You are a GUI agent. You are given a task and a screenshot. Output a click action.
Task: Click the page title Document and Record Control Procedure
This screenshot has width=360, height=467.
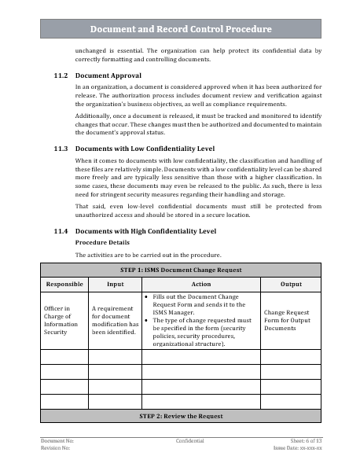181,29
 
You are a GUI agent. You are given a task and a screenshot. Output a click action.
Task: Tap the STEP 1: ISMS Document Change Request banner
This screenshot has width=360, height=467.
181,270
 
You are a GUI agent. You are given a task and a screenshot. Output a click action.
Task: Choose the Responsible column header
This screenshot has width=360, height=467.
64,283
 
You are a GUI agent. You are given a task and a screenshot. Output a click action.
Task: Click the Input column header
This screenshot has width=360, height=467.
115,283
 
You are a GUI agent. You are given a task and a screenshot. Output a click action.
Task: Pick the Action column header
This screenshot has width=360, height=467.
200,283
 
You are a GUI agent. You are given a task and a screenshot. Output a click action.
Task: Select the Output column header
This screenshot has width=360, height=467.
291,283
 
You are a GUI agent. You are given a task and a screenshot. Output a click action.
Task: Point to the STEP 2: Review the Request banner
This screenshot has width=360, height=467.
181,415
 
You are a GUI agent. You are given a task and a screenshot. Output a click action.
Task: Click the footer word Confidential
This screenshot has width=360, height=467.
190,441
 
